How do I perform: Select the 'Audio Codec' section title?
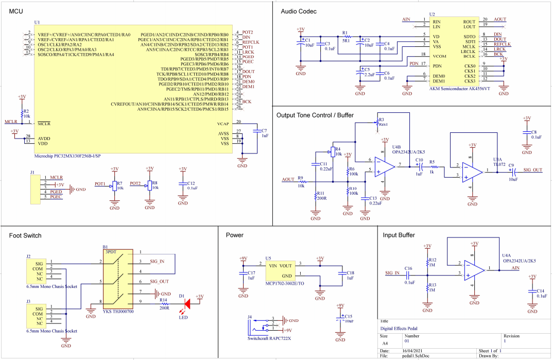(298, 11)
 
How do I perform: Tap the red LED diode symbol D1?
(187, 303)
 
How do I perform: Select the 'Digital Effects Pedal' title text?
(399, 328)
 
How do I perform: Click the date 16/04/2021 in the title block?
(412, 350)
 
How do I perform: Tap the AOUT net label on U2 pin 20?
(499, 19)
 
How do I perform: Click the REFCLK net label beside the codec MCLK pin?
(502, 44)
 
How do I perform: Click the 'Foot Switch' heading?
(25, 235)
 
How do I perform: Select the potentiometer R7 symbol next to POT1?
(114, 186)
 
